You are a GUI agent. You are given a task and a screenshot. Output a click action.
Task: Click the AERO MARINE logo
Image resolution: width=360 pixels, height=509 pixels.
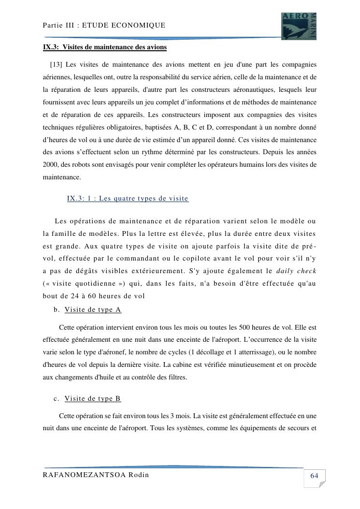coord(299,26)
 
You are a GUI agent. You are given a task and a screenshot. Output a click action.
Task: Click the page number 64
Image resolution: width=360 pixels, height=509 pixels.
coord(314,476)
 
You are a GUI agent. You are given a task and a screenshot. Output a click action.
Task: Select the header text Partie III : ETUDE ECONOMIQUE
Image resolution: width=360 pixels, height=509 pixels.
coord(104,25)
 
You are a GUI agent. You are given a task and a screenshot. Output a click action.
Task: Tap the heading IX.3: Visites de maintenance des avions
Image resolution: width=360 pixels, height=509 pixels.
coord(105,47)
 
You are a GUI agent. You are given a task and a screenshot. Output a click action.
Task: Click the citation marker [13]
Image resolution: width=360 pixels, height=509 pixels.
coord(56,64)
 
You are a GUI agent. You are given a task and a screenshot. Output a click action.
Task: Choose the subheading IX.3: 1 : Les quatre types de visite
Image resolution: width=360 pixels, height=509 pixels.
coord(128,198)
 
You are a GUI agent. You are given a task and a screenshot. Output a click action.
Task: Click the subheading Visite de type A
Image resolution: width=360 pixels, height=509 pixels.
coord(93,309)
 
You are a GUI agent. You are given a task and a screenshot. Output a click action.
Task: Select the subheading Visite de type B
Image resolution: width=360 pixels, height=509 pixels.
coord(92,398)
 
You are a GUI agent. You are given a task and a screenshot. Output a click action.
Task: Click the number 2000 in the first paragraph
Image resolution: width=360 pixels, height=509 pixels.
coord(50,165)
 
